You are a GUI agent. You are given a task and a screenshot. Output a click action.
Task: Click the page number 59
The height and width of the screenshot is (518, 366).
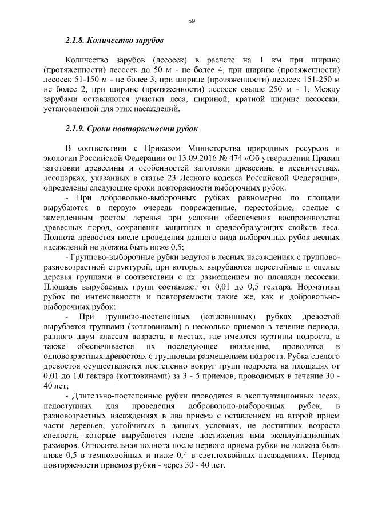tap(192, 21)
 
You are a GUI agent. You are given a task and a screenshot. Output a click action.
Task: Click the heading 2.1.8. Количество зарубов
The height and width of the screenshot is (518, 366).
tap(114, 41)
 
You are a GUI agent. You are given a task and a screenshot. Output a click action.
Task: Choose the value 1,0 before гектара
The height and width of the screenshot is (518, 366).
tap(70, 375)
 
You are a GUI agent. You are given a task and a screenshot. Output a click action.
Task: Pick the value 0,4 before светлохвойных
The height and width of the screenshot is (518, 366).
tap(192, 455)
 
